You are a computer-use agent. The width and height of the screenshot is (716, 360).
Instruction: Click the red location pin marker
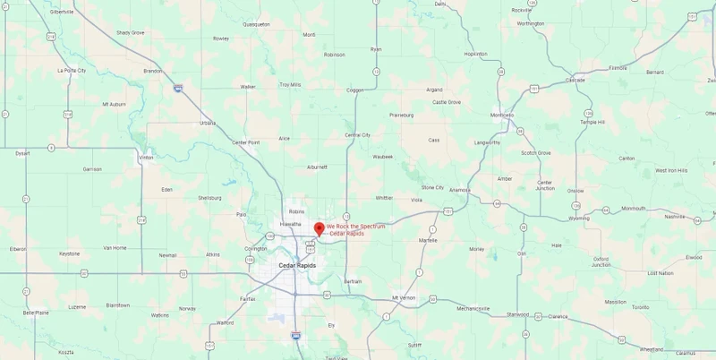point(320,228)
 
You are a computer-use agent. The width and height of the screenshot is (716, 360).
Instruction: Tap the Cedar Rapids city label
point(296,265)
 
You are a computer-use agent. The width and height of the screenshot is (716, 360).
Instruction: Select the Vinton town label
point(146,158)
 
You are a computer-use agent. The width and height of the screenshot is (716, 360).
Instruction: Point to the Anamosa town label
point(460,190)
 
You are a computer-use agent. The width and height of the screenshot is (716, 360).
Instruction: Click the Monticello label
point(502,116)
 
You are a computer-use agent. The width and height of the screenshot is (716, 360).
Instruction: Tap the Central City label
point(357,135)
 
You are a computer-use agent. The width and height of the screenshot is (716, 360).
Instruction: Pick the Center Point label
point(245,142)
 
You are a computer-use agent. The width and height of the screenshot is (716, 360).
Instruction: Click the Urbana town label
point(208,123)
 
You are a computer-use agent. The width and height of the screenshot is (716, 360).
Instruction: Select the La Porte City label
point(72,70)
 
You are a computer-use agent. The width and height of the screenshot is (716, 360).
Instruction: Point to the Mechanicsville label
point(473,309)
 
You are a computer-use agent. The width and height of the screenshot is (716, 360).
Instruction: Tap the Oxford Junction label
point(601,261)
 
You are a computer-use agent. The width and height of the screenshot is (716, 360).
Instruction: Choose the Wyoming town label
point(579,218)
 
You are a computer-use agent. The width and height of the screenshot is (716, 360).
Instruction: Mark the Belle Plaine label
point(36,313)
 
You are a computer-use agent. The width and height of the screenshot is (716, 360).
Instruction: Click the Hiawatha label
point(290,224)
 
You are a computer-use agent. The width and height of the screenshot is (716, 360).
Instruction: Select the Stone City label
point(433,187)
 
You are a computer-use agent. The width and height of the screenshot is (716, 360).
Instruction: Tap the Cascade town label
point(575,80)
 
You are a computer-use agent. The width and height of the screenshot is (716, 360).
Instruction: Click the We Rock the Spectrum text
point(355,227)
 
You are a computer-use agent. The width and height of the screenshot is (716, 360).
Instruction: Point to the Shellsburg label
point(209,197)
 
